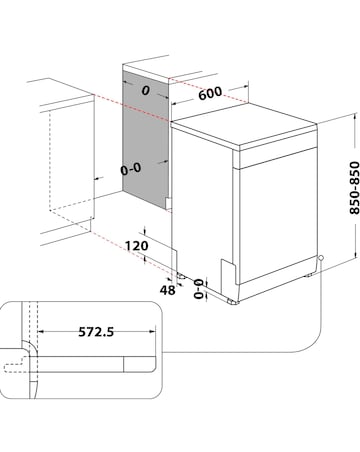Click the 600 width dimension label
[x=210, y=93]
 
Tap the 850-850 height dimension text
[x=354, y=188]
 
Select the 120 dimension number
[x=137, y=246]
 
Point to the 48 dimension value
[x=167, y=290]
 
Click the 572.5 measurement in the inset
[x=96, y=332]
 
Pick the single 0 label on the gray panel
[x=145, y=90]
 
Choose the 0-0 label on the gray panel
[x=131, y=169]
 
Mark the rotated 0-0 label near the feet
[x=199, y=289]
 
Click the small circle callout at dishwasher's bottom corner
[x=321, y=258]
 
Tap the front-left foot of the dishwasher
[x=233, y=301]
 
